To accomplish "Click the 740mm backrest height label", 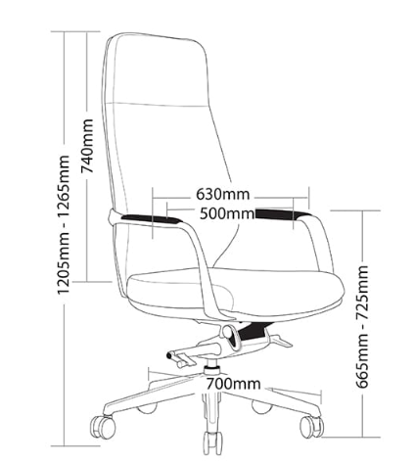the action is coord(87,146).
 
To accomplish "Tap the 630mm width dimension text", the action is coord(223,194).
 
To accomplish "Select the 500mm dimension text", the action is coord(227,213).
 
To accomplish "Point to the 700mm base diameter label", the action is coord(233,384).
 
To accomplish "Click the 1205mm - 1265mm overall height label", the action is coord(64,225).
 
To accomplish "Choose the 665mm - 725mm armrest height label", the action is coord(362,327).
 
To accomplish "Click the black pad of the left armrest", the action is coord(150,218).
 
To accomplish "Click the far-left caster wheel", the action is coord(103,427).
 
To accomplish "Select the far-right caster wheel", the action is coord(311,427).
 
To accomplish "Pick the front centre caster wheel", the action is coord(212,442).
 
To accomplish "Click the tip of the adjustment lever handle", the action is coord(169,355).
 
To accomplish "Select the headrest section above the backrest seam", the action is coord(157,70).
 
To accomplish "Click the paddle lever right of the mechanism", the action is coord(280,340).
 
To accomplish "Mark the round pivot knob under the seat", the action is coord(229,333).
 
